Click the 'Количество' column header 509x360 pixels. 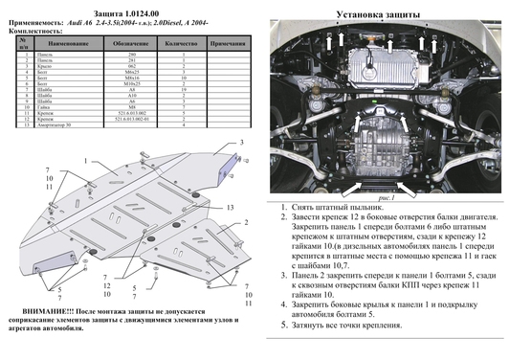180,44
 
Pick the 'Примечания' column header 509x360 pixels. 228,44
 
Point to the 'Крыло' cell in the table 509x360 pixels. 54,64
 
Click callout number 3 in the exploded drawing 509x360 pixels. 243,143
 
